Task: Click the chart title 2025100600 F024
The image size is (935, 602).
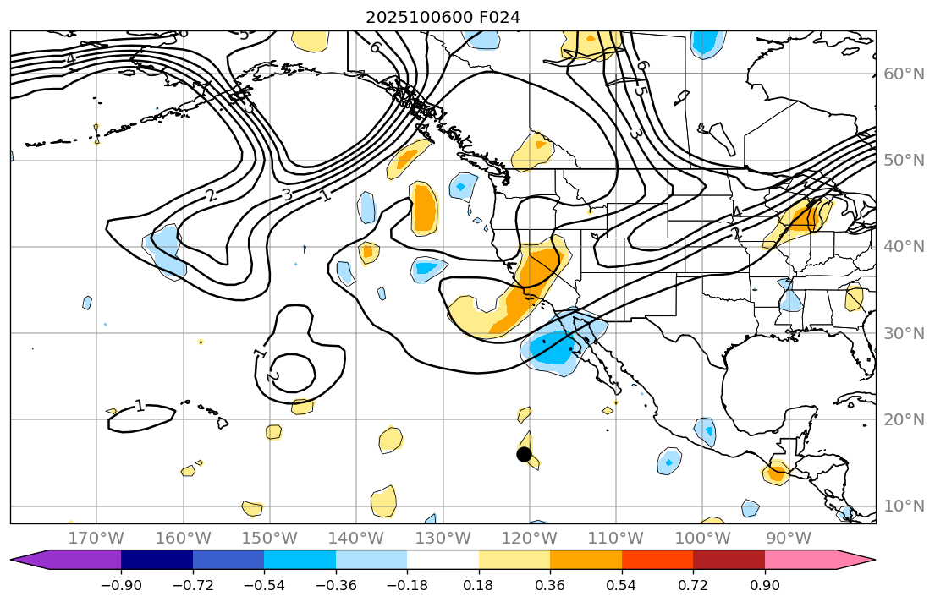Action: (443, 17)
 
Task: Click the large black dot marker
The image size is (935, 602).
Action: (524, 454)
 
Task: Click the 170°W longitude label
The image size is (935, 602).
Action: (96, 539)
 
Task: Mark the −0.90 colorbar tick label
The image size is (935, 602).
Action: (121, 585)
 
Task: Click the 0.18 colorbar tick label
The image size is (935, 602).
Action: (479, 585)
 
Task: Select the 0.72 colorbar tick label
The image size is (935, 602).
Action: (693, 585)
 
